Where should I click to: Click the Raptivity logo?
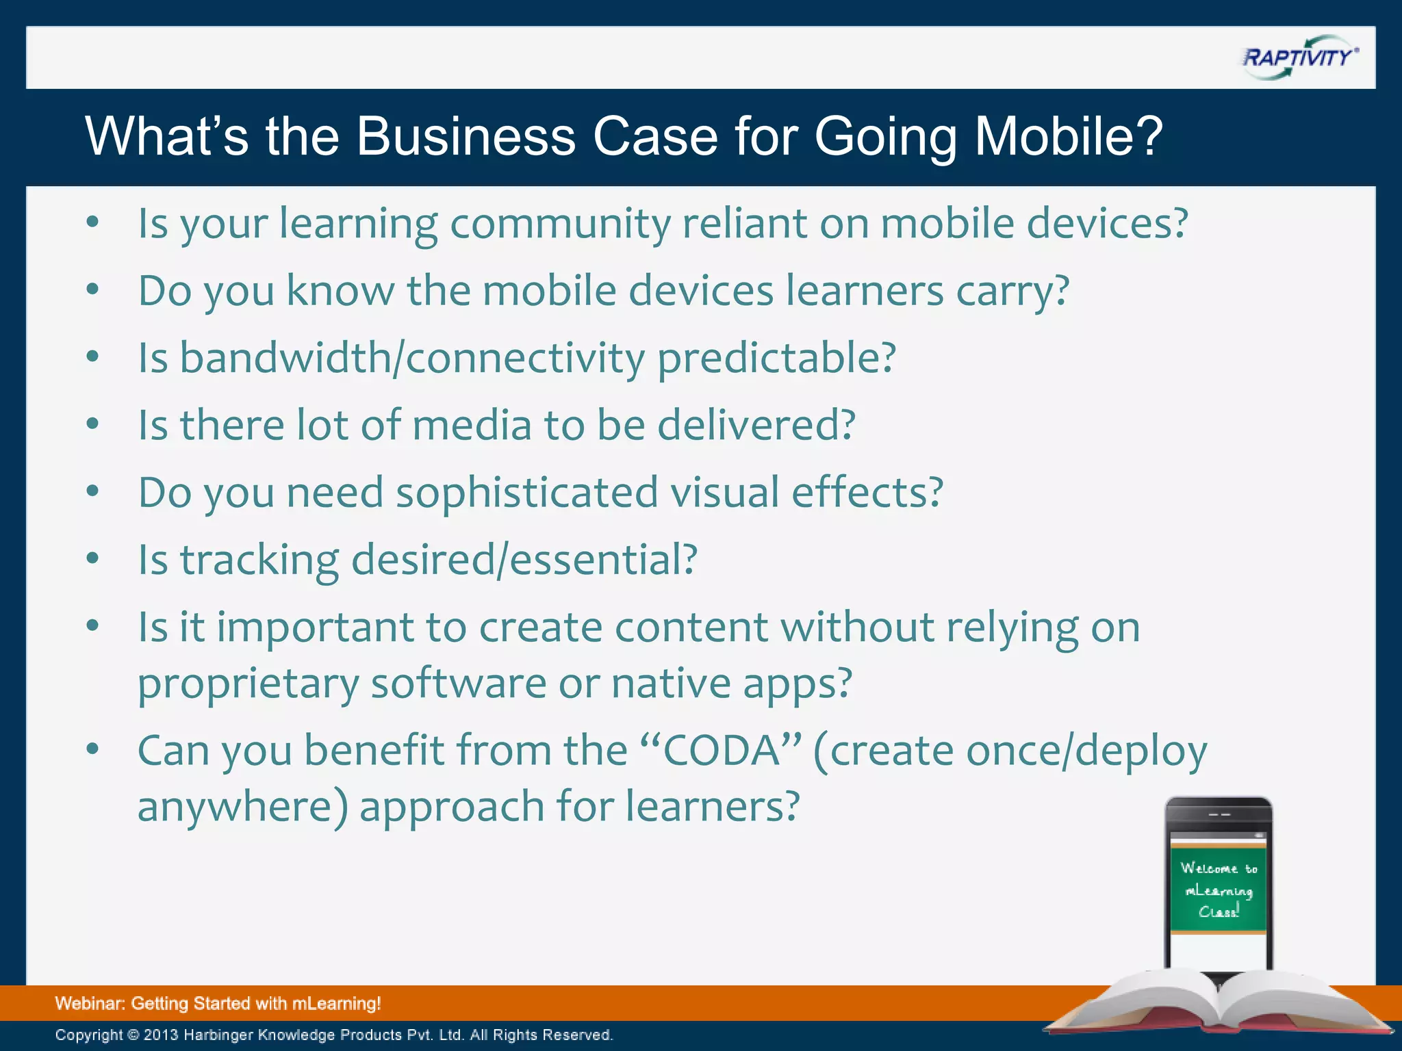point(1299,58)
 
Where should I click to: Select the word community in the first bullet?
point(560,224)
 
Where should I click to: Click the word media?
point(472,425)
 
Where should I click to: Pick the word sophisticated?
point(526,493)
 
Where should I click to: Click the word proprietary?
point(248,684)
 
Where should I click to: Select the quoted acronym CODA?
point(722,751)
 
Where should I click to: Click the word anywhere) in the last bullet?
point(243,807)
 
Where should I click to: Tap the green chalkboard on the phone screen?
point(1218,890)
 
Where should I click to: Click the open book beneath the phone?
point(1219,1006)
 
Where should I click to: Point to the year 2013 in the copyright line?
point(161,1035)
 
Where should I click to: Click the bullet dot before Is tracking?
point(93,558)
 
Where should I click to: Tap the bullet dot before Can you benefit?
point(93,749)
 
